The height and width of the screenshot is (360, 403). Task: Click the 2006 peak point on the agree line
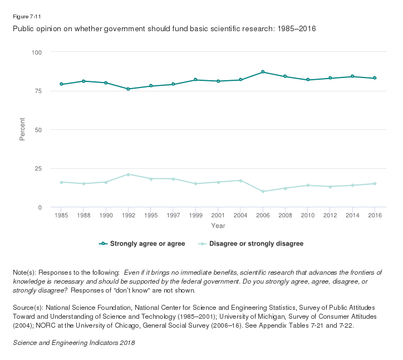[263, 72]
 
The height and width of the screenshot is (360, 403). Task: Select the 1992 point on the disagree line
[128, 174]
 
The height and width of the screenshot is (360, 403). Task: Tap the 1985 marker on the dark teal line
[61, 84]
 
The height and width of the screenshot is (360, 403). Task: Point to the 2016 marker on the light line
[375, 183]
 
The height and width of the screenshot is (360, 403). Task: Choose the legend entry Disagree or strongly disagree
[251, 244]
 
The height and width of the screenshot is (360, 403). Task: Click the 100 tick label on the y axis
[37, 52]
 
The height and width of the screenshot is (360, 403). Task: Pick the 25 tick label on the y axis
[38, 168]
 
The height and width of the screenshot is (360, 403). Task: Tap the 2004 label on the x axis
[240, 215]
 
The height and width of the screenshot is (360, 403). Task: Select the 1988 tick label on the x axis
[83, 215]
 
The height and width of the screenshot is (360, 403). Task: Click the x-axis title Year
[218, 226]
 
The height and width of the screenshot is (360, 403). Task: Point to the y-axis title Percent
[22, 129]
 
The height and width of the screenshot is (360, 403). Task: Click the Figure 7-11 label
[23, 16]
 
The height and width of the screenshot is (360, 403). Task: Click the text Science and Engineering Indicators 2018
[74, 343]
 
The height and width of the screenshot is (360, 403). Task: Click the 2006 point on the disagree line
[263, 191]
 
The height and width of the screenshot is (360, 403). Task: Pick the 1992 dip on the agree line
[128, 89]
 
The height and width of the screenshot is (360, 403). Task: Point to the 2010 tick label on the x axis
[308, 215]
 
